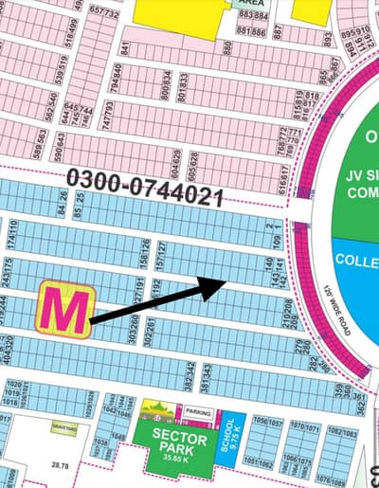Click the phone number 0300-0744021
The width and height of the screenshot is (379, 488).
pyautogui.click(x=144, y=188)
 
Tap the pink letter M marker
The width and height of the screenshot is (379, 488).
pyautogui.click(x=63, y=308)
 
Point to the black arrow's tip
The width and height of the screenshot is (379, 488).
pyautogui.click(x=223, y=280)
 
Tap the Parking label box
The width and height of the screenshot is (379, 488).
pyautogui.click(x=198, y=412)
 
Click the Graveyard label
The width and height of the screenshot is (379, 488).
pyautogui.click(x=64, y=428)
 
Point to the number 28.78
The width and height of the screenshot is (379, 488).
pyautogui.click(x=61, y=465)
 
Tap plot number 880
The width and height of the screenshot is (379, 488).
pyautogui.click(x=228, y=45)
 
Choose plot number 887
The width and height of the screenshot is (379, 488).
pyautogui.click(x=279, y=31)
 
